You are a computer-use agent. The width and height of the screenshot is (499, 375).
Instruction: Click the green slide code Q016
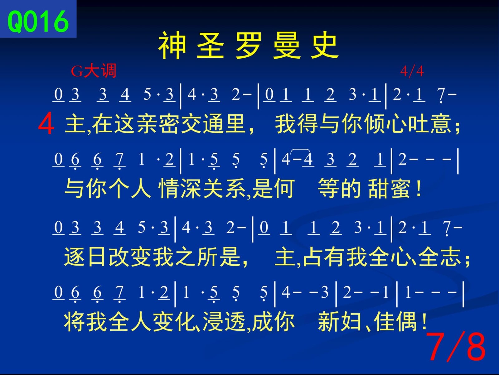coord(38,22)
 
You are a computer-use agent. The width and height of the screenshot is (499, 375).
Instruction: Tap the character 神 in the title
coord(172,46)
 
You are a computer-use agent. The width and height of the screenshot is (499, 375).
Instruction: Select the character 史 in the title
coord(325,46)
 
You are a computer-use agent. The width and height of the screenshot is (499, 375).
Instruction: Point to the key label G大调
coord(94,71)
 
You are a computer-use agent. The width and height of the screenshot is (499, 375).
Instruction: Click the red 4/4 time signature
coord(412,71)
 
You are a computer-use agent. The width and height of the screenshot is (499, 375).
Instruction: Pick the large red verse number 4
coord(46,124)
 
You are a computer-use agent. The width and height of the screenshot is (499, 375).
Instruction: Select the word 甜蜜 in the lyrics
coord(389,189)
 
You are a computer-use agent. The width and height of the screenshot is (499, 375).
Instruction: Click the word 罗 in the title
coord(248,46)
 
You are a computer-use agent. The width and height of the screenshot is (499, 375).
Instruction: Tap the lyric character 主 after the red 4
coord(75,124)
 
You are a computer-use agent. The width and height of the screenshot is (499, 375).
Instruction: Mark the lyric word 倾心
coord(385,124)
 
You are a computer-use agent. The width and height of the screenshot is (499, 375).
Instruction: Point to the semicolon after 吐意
coord(457,126)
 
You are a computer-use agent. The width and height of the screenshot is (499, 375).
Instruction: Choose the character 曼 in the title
coord(286,46)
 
